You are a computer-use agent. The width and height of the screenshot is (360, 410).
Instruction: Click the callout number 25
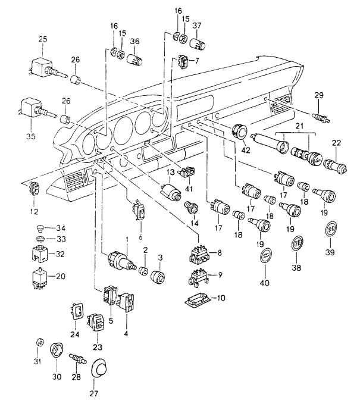pyautogui.click(x=42, y=39)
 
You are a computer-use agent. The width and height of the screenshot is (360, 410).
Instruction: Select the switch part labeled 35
pyautogui.click(x=35, y=109)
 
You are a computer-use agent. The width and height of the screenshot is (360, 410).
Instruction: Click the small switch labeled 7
pyautogui.click(x=184, y=62)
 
